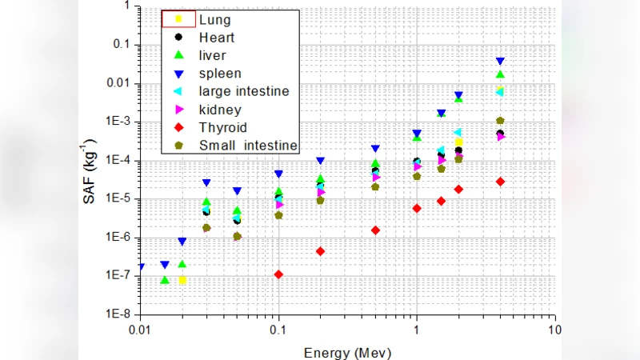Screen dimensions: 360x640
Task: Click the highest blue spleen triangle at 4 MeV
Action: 500,61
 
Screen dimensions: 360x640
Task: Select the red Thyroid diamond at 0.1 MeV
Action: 278,274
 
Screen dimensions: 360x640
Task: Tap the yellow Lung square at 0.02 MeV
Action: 182,280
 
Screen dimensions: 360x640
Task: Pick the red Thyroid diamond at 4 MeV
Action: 500,182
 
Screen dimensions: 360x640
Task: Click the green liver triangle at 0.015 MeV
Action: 165,280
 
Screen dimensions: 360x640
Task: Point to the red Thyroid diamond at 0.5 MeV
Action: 375,230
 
